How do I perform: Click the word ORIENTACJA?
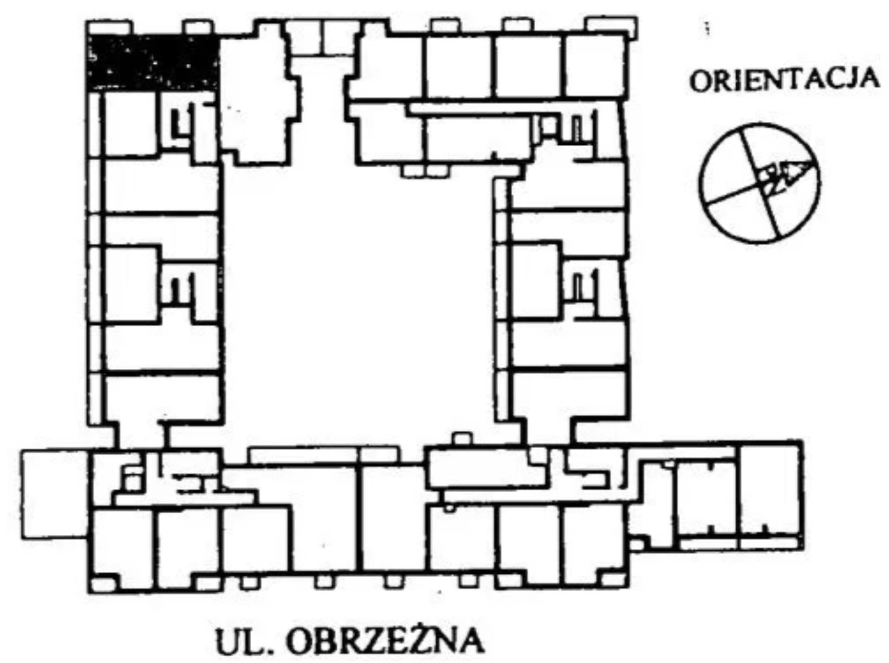point(784,79)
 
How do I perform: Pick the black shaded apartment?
point(153,62)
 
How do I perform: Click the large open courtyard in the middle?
point(358,300)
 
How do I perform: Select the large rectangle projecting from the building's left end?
point(54,494)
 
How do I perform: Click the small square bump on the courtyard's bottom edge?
point(462,440)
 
